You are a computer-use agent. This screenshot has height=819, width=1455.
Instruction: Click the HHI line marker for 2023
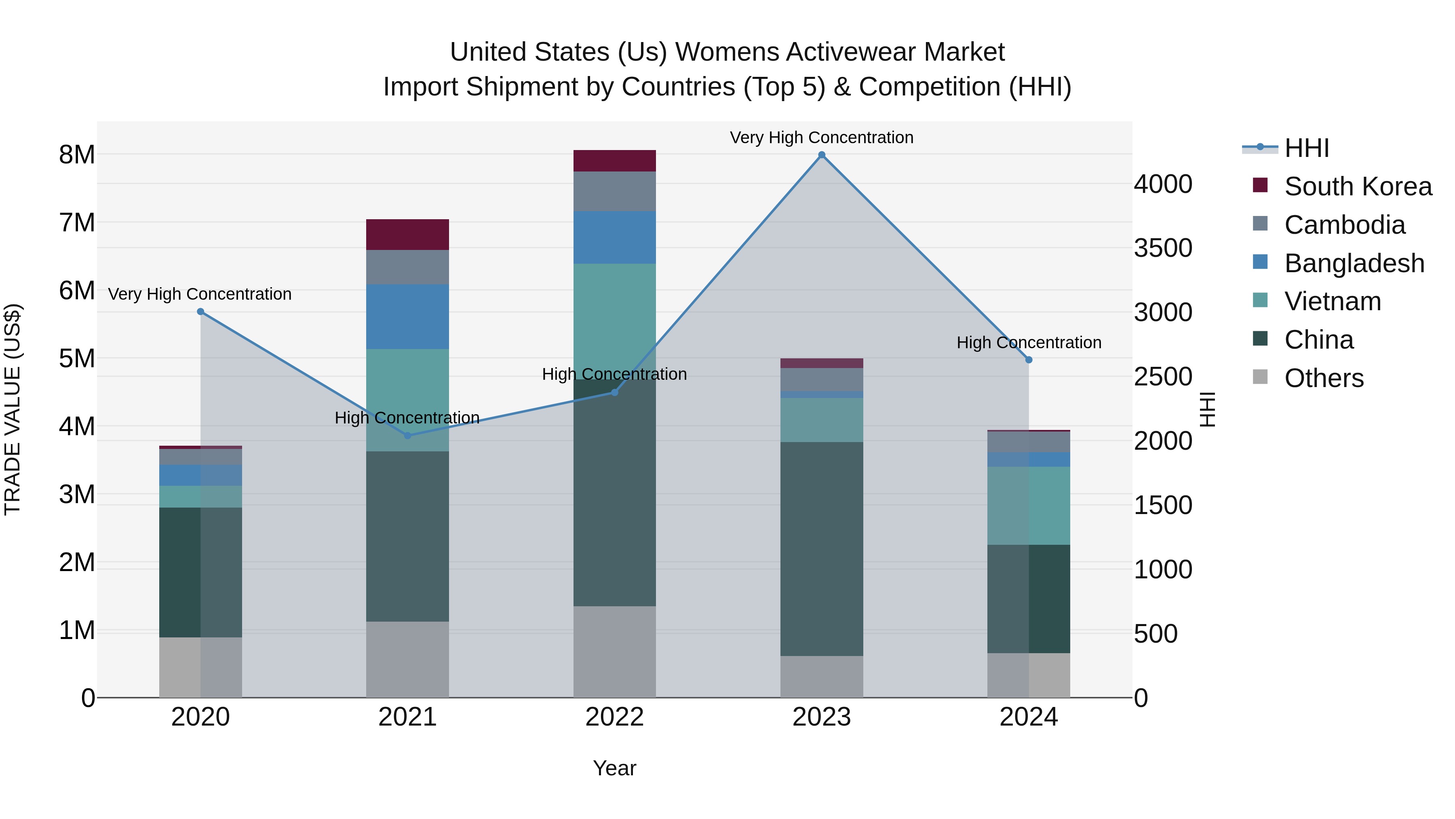point(822,155)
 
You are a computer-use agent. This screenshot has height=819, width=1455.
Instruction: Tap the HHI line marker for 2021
point(408,435)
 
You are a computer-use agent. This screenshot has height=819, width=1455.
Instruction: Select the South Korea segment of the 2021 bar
point(407,235)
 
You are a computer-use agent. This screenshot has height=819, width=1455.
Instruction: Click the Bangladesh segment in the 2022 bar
point(614,237)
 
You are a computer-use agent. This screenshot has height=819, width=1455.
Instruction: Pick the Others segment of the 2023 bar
point(822,677)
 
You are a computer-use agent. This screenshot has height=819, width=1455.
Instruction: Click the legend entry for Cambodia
point(1344,225)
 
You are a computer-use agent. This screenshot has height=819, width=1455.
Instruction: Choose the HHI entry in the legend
point(1306,148)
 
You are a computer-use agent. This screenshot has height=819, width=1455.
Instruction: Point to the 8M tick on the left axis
point(77,155)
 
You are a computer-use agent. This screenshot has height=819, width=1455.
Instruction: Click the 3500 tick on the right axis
point(1163,248)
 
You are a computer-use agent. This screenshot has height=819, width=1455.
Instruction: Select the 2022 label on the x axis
point(614,717)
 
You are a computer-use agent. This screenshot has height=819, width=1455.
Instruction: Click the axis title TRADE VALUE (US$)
point(13,409)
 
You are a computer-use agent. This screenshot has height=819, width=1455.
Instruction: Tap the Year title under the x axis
point(614,768)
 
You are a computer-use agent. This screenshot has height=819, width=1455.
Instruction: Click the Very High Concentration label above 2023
point(821,138)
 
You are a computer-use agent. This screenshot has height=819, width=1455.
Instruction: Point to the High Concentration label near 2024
point(1029,343)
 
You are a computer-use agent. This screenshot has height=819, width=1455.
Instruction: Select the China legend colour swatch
point(1260,339)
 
